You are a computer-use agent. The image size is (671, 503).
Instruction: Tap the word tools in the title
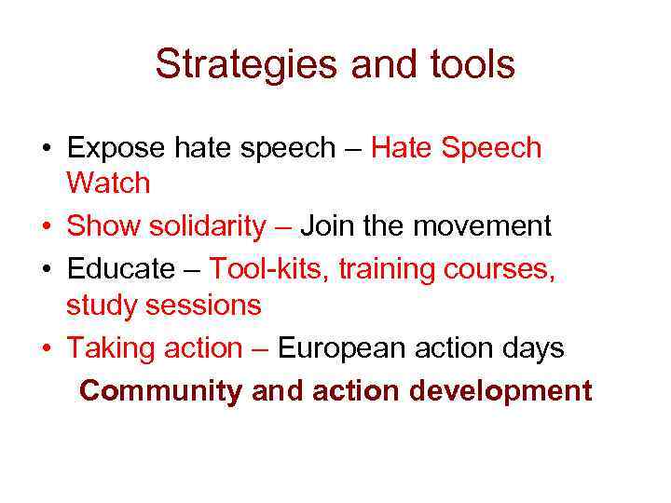point(467,65)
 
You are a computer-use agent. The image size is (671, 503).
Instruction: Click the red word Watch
point(108,184)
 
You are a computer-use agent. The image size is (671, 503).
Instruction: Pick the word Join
point(327,225)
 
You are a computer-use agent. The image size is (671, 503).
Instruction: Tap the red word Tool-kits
point(268,269)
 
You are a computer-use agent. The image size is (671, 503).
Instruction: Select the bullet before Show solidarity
point(45,226)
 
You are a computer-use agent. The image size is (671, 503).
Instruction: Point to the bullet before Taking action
point(45,349)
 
